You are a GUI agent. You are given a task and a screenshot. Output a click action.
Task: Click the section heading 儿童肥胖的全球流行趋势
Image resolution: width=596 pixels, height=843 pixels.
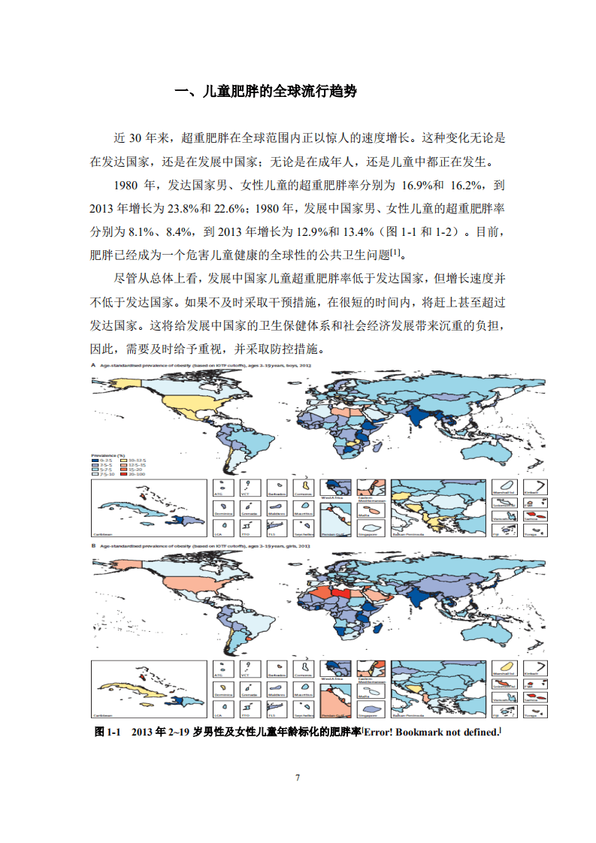(265, 92)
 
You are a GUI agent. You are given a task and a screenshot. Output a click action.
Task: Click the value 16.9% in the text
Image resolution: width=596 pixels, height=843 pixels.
(422, 185)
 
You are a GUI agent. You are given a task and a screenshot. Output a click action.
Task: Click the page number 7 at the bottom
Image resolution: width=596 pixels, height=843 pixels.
(298, 777)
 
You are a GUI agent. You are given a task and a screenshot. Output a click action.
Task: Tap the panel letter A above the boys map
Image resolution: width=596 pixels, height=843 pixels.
(93, 364)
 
